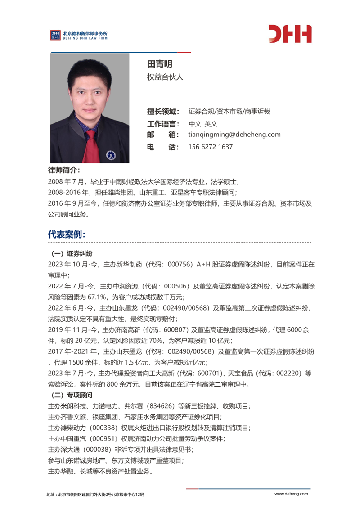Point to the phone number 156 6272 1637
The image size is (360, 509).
[x=210, y=147]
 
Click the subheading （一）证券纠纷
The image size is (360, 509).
[x=69, y=253]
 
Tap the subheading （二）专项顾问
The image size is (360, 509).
[x=69, y=396]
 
